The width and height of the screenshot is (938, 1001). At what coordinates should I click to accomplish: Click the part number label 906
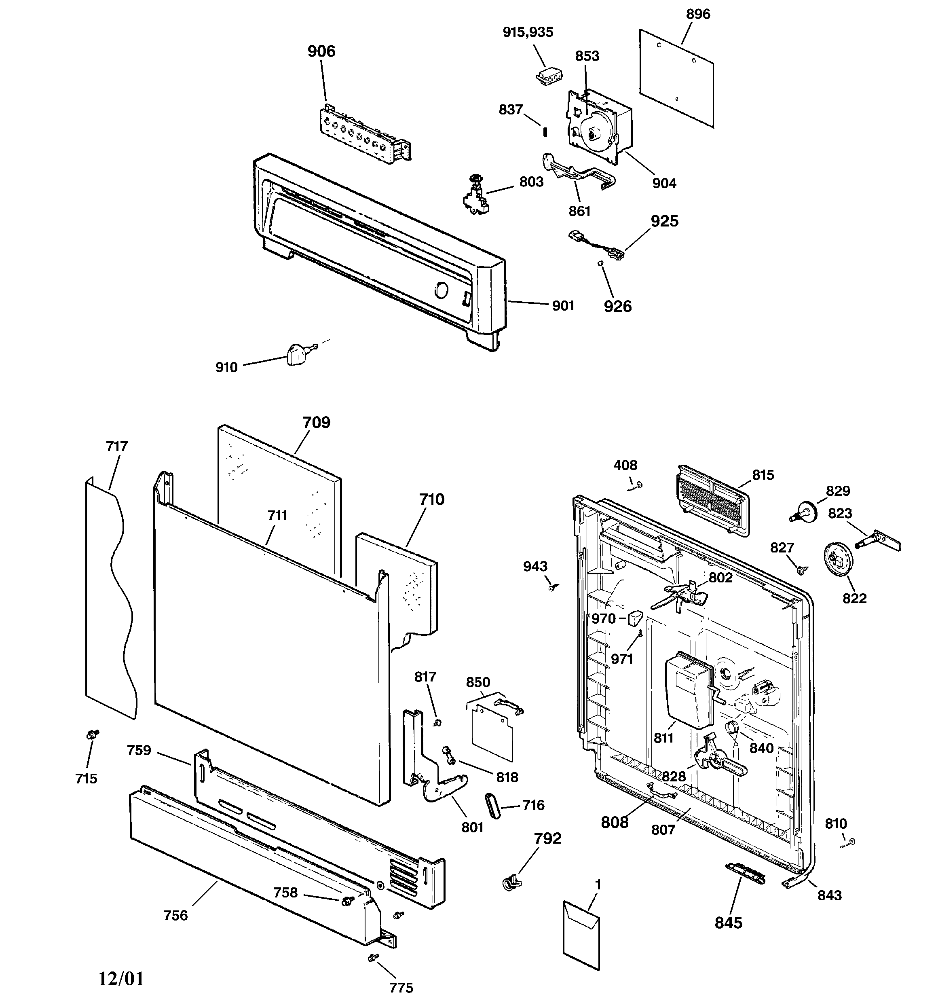(x=321, y=51)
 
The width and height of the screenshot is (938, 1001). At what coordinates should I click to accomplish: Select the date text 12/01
(x=121, y=978)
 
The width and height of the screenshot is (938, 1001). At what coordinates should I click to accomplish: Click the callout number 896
(x=698, y=14)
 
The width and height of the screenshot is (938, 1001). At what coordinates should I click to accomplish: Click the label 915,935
(x=528, y=32)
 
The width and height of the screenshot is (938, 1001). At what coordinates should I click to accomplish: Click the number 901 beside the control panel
(x=563, y=306)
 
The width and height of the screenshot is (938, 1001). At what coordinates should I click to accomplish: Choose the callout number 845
(x=728, y=923)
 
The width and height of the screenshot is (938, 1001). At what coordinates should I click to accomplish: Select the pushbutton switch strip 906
(x=363, y=134)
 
